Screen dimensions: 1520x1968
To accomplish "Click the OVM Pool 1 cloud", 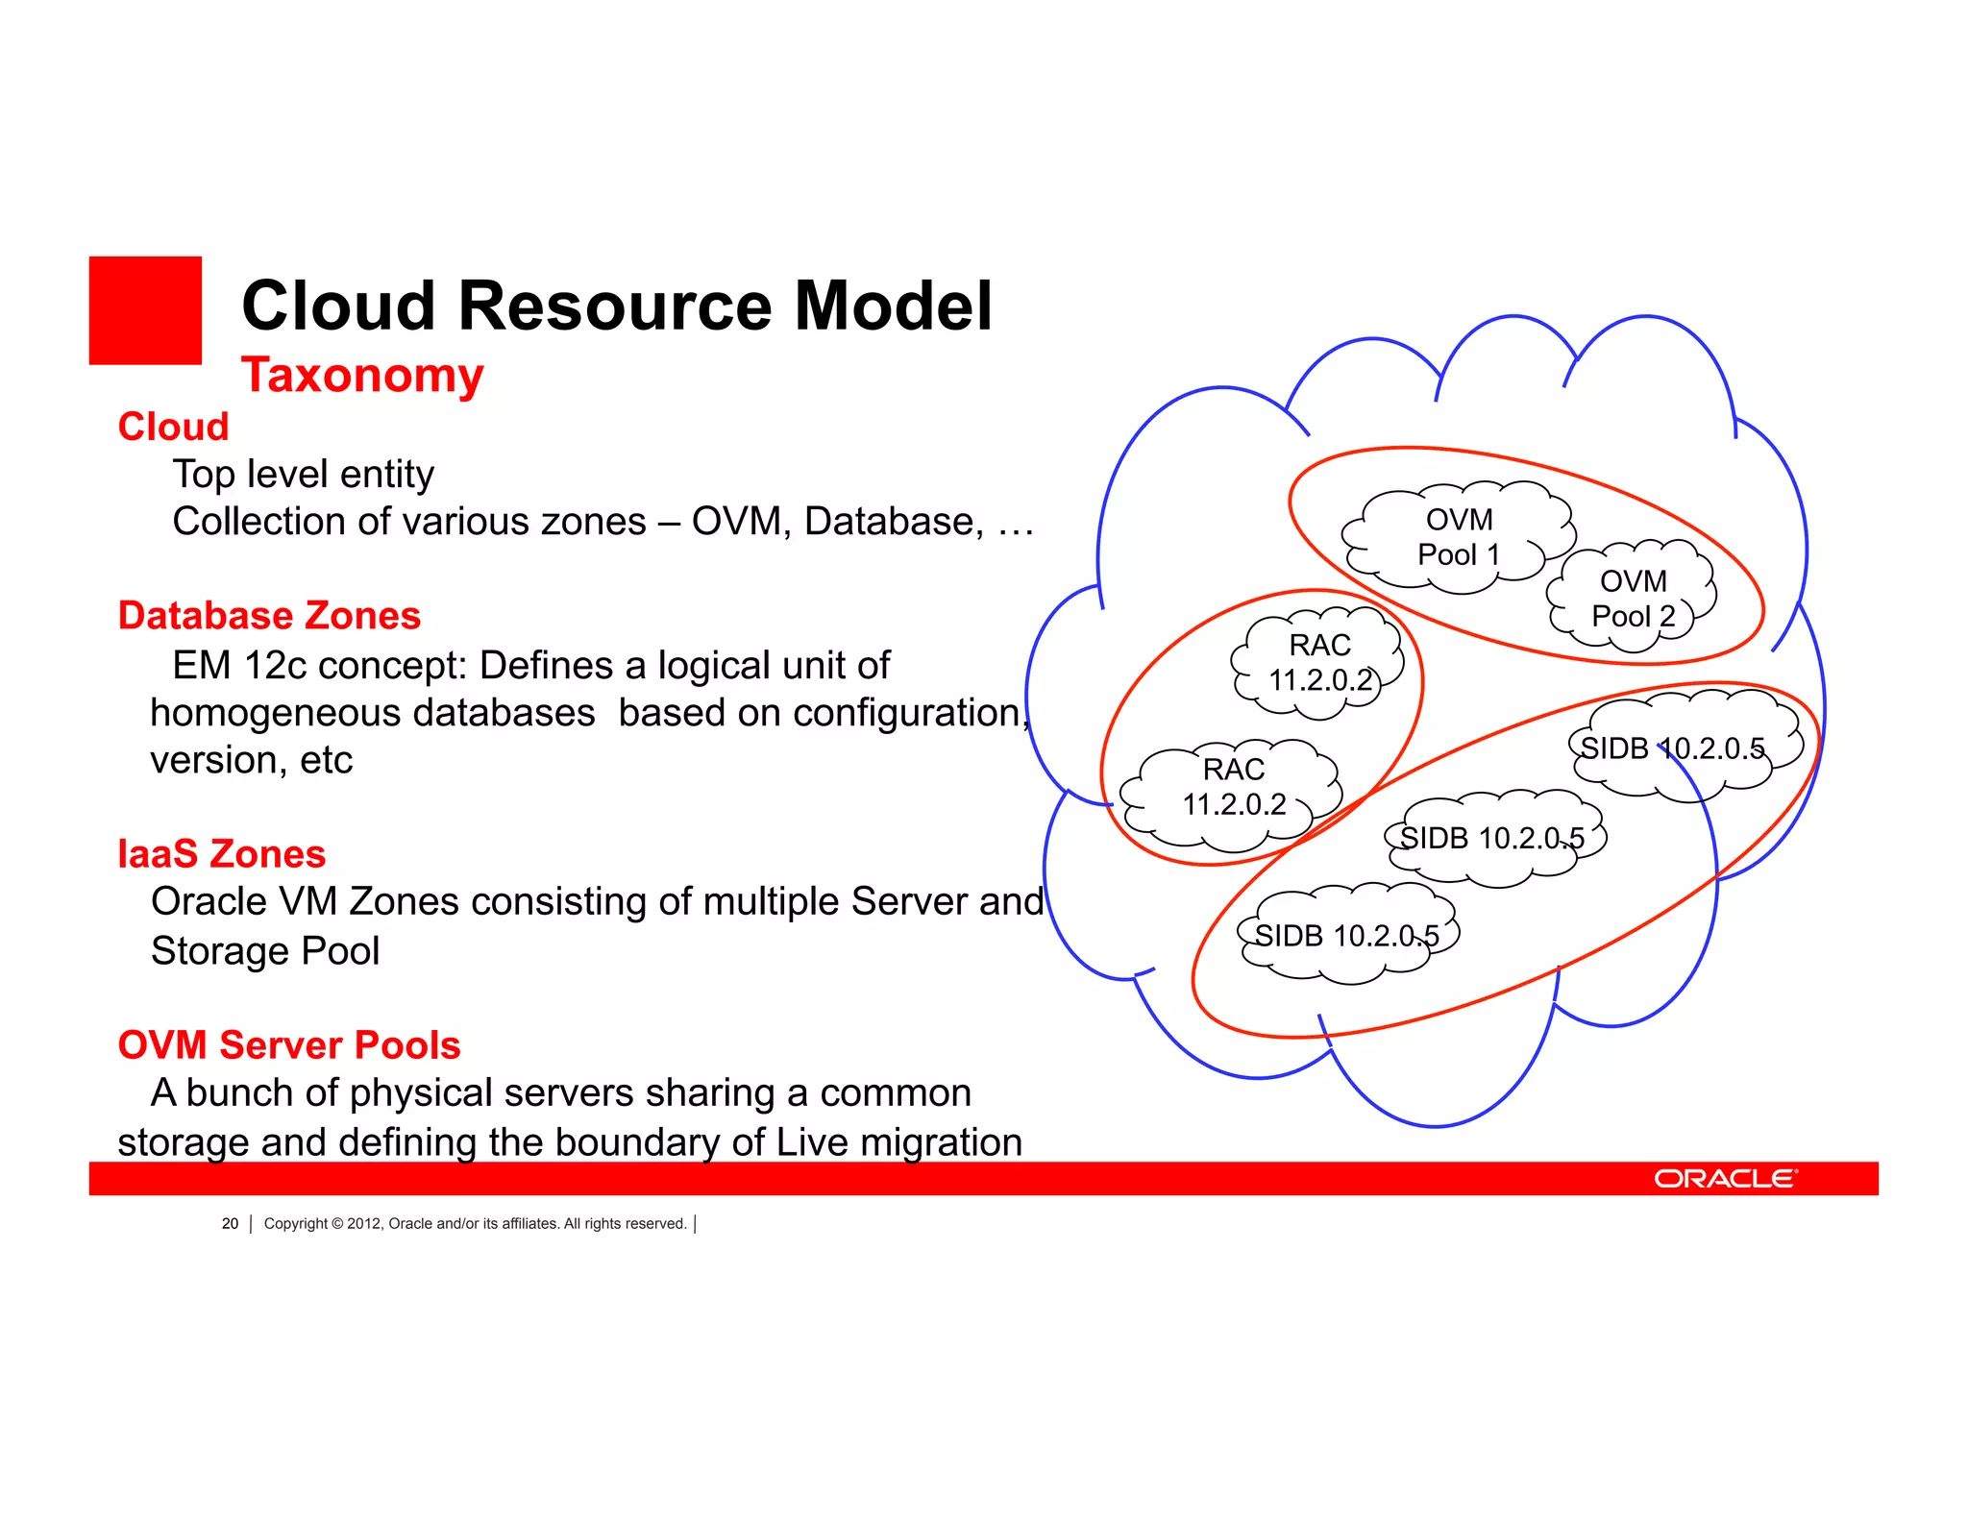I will click(1459, 537).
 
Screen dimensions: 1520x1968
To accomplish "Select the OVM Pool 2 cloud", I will click(1633, 598).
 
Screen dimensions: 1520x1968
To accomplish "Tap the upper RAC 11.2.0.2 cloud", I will click(1319, 662).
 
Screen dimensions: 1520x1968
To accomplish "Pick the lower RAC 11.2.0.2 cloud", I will click(1233, 787).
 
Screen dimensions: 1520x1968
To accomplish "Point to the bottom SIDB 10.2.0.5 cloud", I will click(1348, 935).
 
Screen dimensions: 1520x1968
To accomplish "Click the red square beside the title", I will click(145, 310).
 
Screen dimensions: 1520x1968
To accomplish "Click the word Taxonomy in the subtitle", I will click(362, 375).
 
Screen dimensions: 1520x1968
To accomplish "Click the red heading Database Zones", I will click(269, 616).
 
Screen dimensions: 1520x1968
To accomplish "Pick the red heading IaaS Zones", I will click(221, 854).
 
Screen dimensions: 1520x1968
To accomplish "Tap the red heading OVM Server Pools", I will click(288, 1045).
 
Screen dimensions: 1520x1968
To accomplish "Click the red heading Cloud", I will click(173, 427).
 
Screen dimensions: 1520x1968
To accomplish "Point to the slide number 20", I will click(230, 1223).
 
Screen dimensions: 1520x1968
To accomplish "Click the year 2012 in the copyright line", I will click(364, 1223).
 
